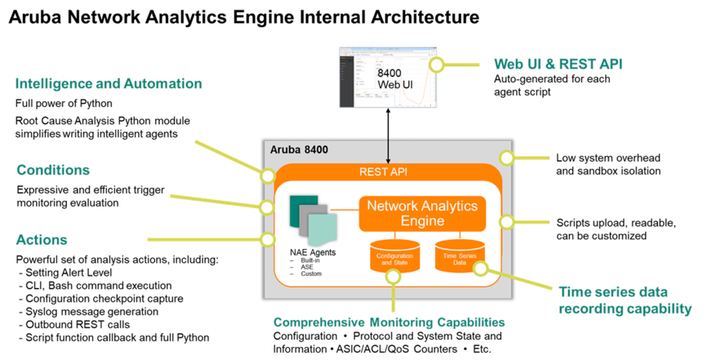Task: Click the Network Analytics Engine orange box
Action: [x=421, y=213]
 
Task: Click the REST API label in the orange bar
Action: [x=389, y=172]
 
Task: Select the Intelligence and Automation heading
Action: [x=109, y=83]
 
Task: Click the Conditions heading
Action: [x=53, y=170]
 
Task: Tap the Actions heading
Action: [x=42, y=240]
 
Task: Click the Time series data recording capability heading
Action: [x=625, y=300]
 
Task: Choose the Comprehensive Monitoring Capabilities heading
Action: [x=389, y=322]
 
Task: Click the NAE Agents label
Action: [x=313, y=252]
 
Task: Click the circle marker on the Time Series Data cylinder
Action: [x=480, y=267]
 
